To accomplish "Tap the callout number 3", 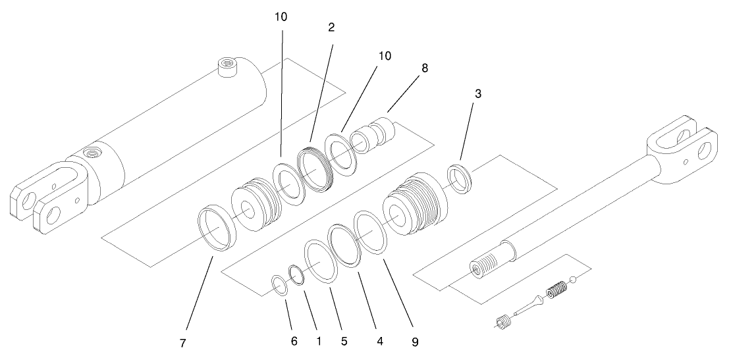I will [x=478, y=94].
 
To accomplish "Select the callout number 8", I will [x=425, y=68].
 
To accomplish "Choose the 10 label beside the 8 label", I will [x=383, y=56].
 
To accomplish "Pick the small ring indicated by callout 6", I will [x=280, y=286].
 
